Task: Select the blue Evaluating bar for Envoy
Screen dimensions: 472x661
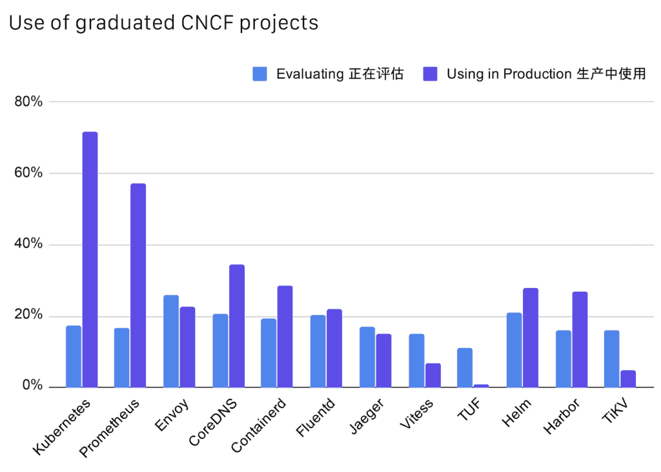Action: click(x=171, y=341)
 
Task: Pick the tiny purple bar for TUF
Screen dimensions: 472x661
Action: click(x=481, y=385)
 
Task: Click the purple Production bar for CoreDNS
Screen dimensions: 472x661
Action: click(x=237, y=325)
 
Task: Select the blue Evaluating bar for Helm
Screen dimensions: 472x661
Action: click(x=514, y=349)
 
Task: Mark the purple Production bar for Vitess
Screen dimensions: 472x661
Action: click(x=432, y=375)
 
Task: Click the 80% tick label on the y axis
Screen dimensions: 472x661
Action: click(x=28, y=102)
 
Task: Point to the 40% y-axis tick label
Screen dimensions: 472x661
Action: click(x=28, y=245)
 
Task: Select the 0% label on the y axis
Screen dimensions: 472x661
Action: click(x=31, y=387)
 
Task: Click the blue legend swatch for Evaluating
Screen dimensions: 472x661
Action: click(x=259, y=74)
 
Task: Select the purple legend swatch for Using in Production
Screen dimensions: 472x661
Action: click(x=430, y=74)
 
